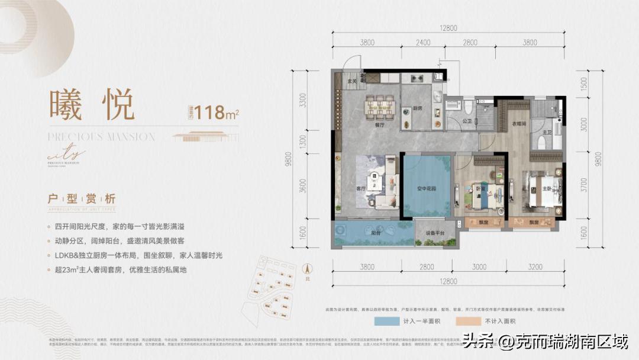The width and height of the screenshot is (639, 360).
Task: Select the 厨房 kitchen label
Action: [417, 108]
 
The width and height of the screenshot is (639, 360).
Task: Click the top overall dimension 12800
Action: [449, 28]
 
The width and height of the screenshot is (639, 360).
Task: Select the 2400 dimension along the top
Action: [422, 43]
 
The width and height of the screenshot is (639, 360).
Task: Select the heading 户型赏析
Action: [81, 199]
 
